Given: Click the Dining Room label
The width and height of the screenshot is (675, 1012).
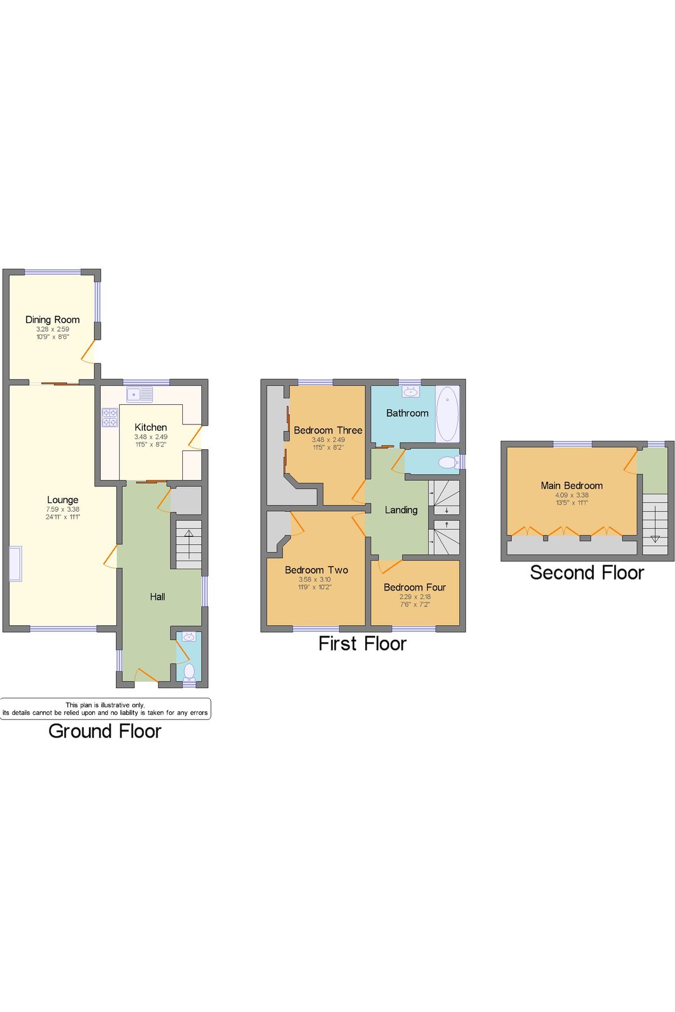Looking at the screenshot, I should tap(52, 319).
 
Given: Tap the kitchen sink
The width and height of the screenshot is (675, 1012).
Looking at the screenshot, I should tap(139, 395).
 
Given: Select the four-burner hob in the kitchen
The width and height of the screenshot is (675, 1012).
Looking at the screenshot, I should tap(110, 417).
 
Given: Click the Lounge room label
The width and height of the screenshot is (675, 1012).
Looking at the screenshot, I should tap(62, 500).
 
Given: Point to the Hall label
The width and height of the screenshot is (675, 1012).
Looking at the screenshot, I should tap(157, 597).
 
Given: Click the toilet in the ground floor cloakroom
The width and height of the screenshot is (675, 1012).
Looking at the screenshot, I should tap(190, 671).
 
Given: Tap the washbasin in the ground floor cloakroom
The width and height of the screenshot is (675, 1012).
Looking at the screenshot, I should tap(188, 637).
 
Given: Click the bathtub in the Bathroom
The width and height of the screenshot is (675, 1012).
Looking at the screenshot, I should tap(447, 413).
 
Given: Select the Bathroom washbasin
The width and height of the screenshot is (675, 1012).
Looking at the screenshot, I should tap(411, 392).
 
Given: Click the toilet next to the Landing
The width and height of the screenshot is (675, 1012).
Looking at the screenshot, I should tap(448, 462).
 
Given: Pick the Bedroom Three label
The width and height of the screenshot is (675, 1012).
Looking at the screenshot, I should tap(328, 430).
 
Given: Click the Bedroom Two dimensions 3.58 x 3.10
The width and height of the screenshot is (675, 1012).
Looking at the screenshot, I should tap(315, 579).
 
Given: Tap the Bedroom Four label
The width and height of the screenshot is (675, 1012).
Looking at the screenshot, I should tap(415, 587).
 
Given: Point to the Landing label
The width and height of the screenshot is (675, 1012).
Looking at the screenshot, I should tap(401, 510).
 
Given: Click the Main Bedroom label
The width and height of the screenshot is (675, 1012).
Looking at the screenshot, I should tap(571, 485).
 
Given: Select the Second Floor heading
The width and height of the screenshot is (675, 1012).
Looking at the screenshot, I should tap(587, 572).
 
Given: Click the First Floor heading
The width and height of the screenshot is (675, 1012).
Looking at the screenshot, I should tap(362, 643).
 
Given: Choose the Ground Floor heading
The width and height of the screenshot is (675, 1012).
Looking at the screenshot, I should tap(105, 731).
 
